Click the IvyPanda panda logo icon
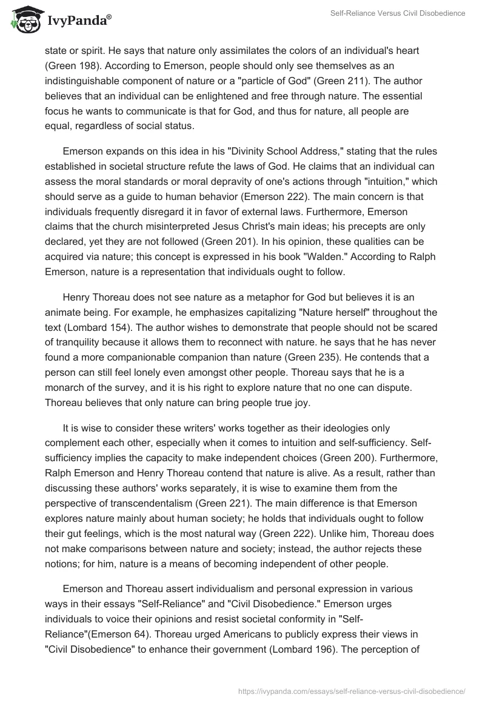coord(24,20)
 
